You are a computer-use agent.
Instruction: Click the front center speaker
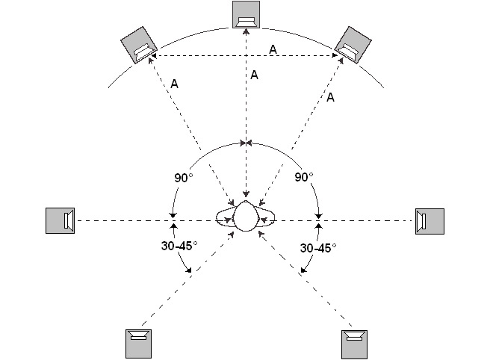[246, 16]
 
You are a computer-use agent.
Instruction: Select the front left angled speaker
[139, 46]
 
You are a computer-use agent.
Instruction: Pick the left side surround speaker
[60, 220]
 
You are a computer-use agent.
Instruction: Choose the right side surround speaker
[430, 221]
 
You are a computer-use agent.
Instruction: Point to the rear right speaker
[355, 342]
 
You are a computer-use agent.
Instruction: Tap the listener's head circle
[246, 216]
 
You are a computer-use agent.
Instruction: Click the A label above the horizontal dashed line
[273, 49]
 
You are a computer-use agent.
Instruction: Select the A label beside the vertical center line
[255, 75]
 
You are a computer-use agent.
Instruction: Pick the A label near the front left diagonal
[174, 84]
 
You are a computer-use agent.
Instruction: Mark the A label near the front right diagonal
[331, 96]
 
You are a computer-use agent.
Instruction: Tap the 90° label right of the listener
[303, 178]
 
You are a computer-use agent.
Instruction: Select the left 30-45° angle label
[179, 246]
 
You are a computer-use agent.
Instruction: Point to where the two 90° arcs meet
[246, 142]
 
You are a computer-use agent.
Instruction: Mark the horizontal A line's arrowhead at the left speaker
[156, 57]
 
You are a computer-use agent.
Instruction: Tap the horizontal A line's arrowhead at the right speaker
[337, 57]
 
